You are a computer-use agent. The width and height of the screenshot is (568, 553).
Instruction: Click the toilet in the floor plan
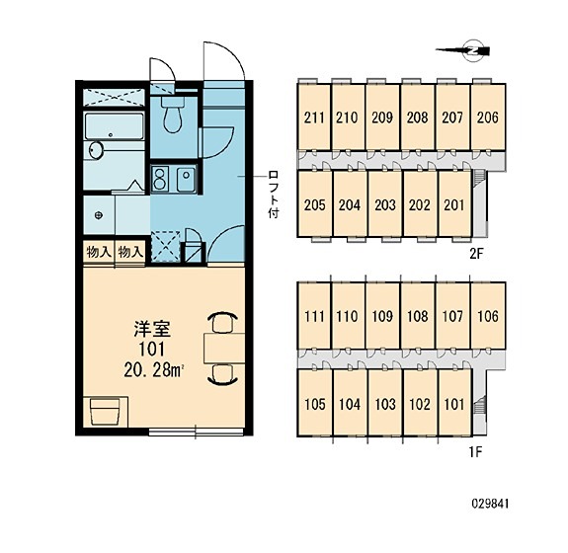click(x=172, y=115)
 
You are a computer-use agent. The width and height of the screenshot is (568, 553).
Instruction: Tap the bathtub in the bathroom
click(x=115, y=126)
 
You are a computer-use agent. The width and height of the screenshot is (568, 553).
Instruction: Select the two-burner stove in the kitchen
click(x=159, y=179)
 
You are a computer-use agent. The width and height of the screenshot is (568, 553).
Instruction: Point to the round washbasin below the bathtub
click(x=96, y=150)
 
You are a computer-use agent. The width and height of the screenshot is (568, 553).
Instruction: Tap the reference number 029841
click(x=490, y=504)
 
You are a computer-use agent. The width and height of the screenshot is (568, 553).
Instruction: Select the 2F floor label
click(x=476, y=254)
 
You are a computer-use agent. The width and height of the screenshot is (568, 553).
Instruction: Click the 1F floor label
click(x=475, y=452)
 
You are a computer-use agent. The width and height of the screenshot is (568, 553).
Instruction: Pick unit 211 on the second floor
click(x=314, y=118)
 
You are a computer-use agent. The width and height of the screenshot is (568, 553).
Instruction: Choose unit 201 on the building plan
click(x=454, y=205)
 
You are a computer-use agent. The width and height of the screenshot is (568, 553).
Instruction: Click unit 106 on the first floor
click(x=488, y=316)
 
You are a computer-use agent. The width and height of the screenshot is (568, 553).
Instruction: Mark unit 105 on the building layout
click(x=315, y=404)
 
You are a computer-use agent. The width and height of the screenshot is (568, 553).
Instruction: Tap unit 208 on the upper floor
click(x=417, y=118)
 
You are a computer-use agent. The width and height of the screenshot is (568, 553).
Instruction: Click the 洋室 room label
click(x=152, y=329)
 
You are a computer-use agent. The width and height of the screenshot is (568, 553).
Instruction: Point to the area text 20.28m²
click(x=153, y=369)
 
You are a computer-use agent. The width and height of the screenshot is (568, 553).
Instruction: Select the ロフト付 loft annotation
click(x=274, y=196)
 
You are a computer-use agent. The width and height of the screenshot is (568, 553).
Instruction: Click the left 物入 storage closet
click(x=99, y=252)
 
